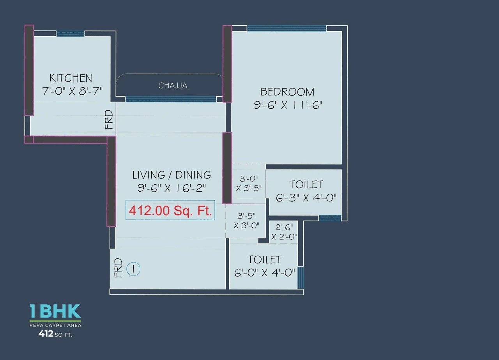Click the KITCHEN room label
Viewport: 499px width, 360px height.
click(x=71, y=78)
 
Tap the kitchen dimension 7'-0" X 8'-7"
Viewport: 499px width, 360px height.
click(x=72, y=91)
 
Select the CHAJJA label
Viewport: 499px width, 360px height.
click(x=173, y=85)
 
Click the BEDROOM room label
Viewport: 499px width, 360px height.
click(x=287, y=92)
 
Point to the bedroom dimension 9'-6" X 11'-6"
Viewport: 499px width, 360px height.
click(x=288, y=105)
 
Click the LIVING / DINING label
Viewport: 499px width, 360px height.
click(x=172, y=175)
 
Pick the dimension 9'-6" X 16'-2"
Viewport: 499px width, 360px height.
click(x=172, y=188)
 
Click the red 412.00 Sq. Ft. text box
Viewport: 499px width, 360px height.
click(x=170, y=211)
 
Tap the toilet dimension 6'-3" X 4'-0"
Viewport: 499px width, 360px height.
click(x=306, y=198)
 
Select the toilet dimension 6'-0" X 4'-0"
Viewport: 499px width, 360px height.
click(x=264, y=272)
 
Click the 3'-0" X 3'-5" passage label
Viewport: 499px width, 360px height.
click(x=249, y=183)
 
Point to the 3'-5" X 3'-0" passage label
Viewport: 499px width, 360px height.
click(x=246, y=220)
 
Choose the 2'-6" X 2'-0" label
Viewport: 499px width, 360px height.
click(x=284, y=232)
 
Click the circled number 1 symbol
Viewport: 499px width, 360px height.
click(x=133, y=269)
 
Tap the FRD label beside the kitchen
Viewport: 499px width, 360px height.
click(x=109, y=120)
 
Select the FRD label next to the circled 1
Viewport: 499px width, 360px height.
click(x=119, y=268)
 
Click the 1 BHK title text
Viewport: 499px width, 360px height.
click(x=55, y=312)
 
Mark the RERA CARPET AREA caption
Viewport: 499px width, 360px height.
click(x=55, y=325)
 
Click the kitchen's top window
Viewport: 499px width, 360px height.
click(x=71, y=34)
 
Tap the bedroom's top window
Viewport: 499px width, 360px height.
click(x=287, y=28)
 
